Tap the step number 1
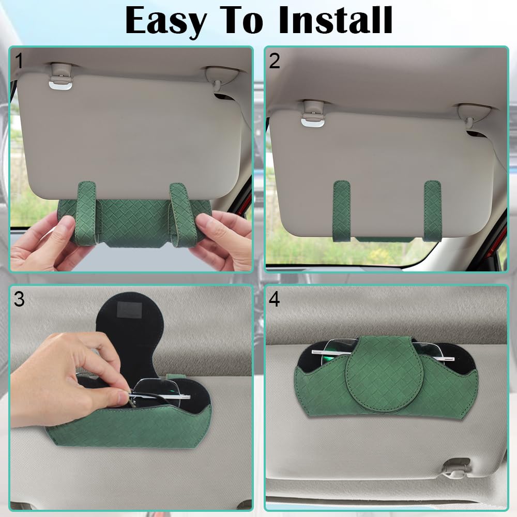pyautogui.click(x=19, y=61)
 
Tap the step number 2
pyautogui.click(x=275, y=61)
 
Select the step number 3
pyautogui.click(x=19, y=299)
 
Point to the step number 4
pyautogui.click(x=275, y=299)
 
